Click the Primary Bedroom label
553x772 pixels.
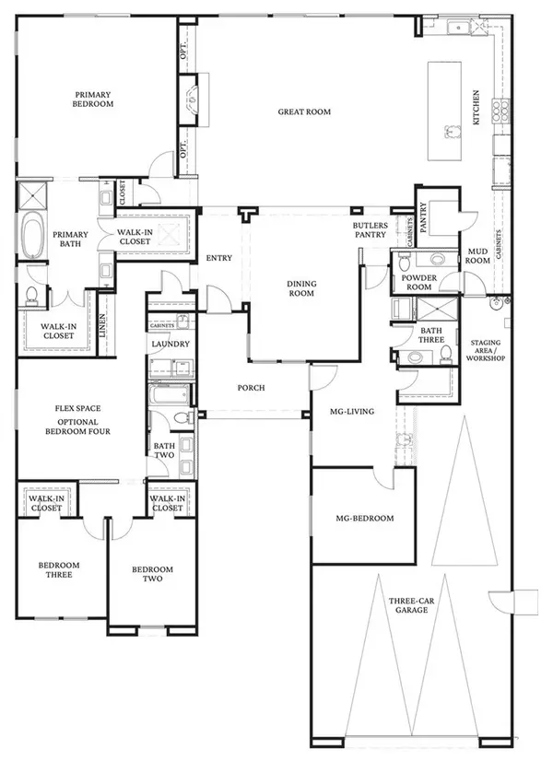tap(94, 99)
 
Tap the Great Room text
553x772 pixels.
tap(304, 112)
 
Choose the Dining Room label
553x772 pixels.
tap(301, 289)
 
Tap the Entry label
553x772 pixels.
tap(219, 258)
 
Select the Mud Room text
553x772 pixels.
tap(477, 255)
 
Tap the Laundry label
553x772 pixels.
tap(171, 345)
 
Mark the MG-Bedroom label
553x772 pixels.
tap(365, 519)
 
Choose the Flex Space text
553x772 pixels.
tap(76, 408)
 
